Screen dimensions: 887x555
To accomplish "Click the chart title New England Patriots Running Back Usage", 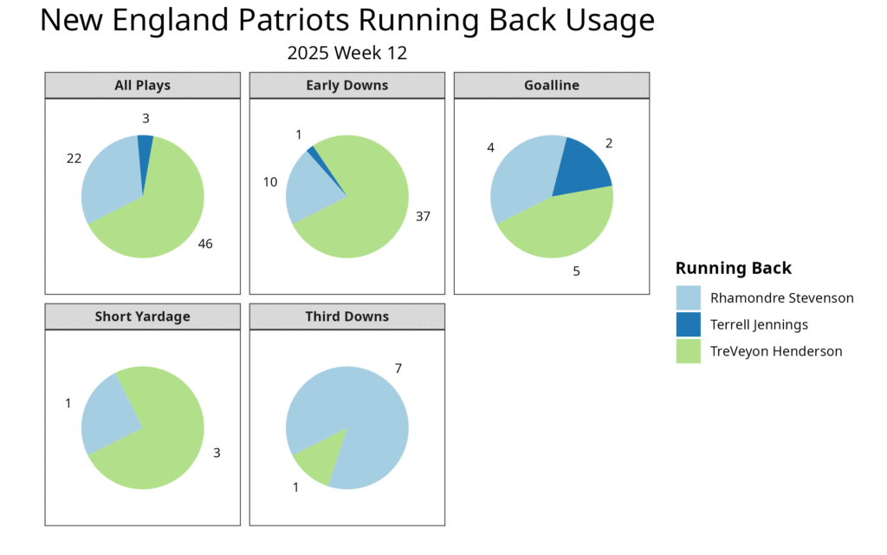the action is tap(347, 21).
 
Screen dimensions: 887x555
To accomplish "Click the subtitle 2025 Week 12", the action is tap(346, 53).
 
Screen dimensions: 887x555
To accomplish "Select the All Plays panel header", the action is tap(143, 85).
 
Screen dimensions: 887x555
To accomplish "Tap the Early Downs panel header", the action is tap(347, 85).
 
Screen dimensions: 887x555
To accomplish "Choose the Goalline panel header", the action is tap(552, 85).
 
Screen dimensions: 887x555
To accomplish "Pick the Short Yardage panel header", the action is tap(143, 316).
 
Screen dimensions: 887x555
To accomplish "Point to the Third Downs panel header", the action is tap(347, 316).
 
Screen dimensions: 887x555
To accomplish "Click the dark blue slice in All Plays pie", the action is tap(145, 153).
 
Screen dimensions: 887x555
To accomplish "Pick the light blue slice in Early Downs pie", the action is tap(310, 190).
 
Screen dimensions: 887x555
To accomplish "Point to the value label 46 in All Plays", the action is tap(205, 244).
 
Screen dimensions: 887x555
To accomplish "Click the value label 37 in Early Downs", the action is tap(423, 217).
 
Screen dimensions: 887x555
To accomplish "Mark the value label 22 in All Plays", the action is tap(74, 159).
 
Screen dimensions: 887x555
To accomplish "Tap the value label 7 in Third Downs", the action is tap(398, 369).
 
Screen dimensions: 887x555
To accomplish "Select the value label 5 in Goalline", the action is tap(576, 271).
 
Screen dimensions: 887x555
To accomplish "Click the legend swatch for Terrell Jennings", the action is tap(689, 324).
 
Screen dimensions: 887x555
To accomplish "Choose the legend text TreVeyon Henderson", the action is tap(776, 352).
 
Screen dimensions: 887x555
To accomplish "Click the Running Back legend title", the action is tap(734, 268).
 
